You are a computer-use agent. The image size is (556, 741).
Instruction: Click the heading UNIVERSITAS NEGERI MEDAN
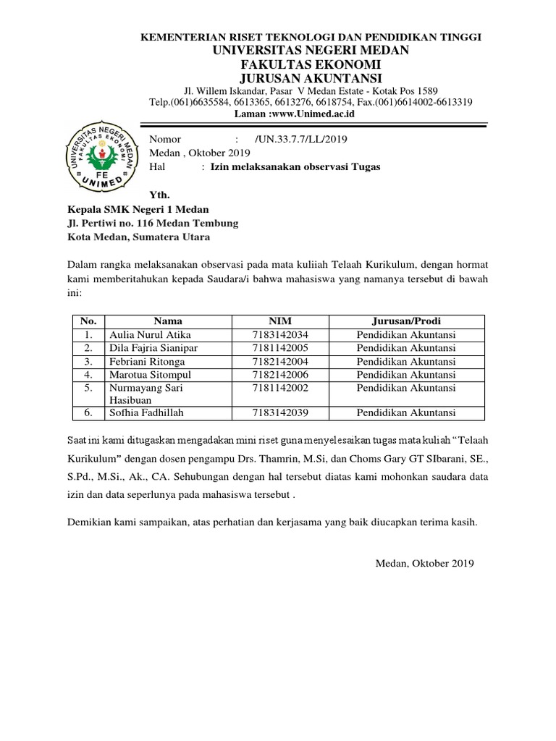coord(311,50)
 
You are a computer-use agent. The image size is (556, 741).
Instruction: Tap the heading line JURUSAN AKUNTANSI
coord(311,78)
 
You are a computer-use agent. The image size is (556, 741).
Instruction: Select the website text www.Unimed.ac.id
coord(326,114)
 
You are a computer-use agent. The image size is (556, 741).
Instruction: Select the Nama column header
coord(167,321)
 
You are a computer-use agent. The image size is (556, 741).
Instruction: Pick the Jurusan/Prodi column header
coord(406,321)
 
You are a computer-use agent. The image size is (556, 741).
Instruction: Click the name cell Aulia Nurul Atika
coord(146,334)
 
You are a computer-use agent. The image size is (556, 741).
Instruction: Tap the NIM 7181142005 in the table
coord(280,347)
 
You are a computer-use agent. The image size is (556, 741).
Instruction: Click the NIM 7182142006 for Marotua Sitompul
coord(280,374)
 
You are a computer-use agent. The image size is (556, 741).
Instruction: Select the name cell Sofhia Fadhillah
coord(147,412)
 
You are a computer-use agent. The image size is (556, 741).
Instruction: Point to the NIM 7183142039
coord(280,412)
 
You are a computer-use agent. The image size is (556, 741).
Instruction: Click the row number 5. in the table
coord(88,388)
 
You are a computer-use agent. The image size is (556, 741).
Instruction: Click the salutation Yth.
coord(159,195)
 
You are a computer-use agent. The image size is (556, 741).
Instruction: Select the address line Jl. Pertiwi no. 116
coord(153,223)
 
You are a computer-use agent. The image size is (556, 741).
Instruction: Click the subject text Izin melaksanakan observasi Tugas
coord(295,166)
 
